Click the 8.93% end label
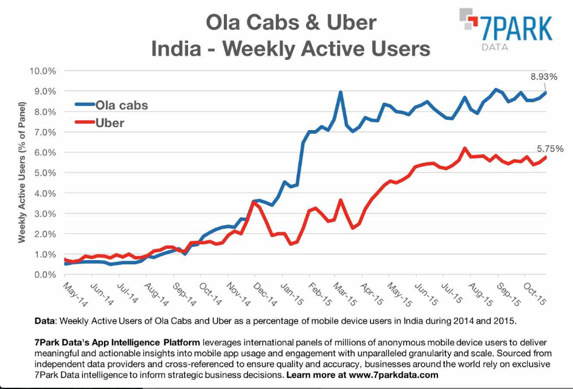click(x=543, y=77)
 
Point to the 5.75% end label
click(x=549, y=148)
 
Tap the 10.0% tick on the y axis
click(x=42, y=71)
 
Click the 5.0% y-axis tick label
click(x=44, y=172)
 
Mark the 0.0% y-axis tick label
click(x=44, y=274)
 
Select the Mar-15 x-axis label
click(x=344, y=292)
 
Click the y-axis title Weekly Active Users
click(x=22, y=172)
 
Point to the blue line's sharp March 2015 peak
click(x=341, y=93)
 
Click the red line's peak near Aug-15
click(x=464, y=148)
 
